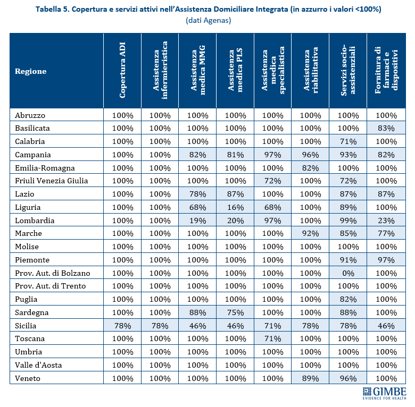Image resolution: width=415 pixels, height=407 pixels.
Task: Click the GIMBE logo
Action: [382, 394]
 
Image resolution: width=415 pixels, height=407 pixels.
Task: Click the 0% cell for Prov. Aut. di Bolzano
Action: [348, 273]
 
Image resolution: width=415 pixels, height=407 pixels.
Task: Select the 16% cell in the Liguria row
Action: [236, 207]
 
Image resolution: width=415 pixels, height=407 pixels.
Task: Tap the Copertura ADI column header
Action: [122, 71]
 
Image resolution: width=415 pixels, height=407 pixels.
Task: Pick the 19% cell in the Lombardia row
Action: [198, 221]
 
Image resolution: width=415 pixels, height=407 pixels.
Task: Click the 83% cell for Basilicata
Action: [386, 129]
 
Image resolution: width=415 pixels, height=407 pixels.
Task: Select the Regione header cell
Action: [30, 71]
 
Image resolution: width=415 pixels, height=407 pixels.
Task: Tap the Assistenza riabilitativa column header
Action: [311, 71]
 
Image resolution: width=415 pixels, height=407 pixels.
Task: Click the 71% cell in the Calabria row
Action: [348, 142]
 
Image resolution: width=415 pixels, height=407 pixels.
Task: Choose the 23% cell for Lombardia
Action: [386, 221]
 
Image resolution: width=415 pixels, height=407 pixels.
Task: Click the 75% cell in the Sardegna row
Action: [236, 312]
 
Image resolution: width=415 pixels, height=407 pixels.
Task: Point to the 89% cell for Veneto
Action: [311, 378]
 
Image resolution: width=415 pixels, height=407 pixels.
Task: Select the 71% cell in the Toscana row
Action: [273, 338]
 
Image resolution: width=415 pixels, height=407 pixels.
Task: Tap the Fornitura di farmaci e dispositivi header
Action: [386, 71]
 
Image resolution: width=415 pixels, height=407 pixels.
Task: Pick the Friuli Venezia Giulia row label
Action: [52, 181]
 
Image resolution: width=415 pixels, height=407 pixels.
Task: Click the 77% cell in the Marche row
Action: [386, 233]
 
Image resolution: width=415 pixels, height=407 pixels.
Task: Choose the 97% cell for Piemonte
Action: [386, 260]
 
